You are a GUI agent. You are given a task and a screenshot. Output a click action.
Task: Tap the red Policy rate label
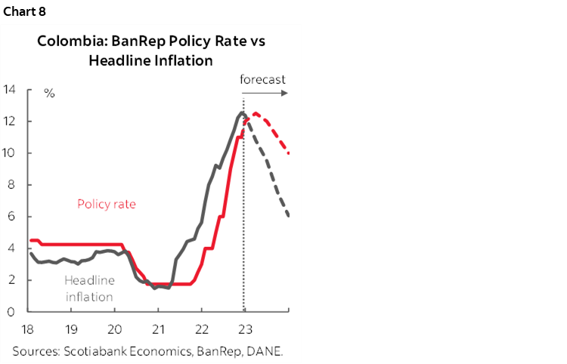(106, 204)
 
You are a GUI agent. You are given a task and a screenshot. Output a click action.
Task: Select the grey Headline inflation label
(89, 288)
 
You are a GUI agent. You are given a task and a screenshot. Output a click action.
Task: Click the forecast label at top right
(262, 79)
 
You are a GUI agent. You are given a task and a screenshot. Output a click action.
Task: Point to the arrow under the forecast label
(265, 93)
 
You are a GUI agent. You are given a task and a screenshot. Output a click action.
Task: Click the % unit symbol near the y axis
(49, 94)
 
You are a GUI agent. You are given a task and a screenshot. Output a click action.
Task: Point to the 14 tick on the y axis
(10, 90)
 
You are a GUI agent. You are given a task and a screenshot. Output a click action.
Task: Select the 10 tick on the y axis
(10, 153)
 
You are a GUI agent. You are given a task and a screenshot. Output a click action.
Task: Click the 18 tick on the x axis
(27, 329)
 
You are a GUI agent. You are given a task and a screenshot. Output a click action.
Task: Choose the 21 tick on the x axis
(158, 329)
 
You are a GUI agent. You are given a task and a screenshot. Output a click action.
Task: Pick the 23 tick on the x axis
(245, 329)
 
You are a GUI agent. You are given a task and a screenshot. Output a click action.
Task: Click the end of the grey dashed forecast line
(289, 216)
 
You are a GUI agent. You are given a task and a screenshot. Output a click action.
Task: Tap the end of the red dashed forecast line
(289, 153)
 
